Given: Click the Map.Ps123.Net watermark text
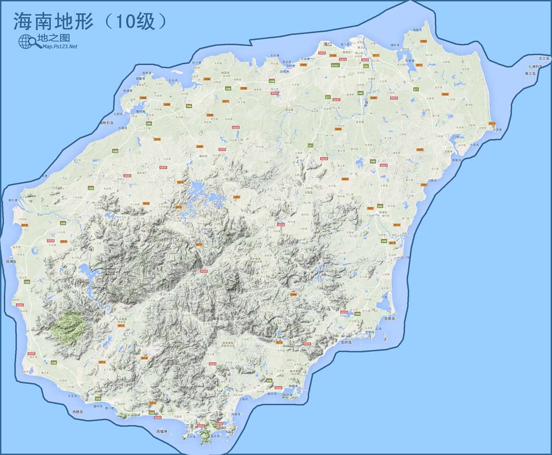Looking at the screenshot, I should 59,46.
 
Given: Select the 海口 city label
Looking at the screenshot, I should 327,44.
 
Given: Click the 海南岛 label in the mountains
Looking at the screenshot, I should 217,318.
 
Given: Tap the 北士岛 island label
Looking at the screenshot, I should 543,58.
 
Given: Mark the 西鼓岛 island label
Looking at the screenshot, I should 77,412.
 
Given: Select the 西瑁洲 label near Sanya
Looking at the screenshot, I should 162,431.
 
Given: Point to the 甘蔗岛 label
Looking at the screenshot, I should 389,318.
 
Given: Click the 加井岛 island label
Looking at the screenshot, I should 346,342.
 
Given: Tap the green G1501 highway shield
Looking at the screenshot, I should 335,65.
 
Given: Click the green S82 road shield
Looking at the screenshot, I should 366,66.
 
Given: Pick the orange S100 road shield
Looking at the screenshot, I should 333,55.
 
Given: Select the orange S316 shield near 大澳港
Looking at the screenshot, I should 492,123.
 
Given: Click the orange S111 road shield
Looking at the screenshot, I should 376,55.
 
